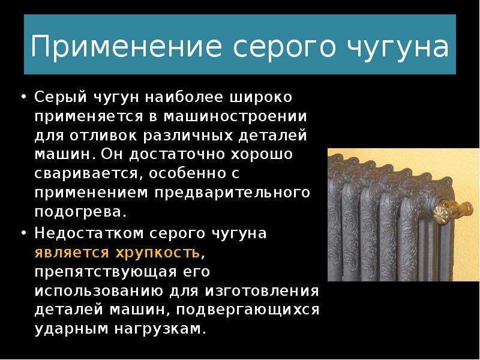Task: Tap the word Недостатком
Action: click(88, 233)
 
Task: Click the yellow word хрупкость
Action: click(158, 253)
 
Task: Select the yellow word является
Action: click(71, 253)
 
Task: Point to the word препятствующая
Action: click(106, 272)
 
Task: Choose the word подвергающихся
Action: click(247, 310)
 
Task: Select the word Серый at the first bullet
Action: click(61, 98)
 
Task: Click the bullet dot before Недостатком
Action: click(24, 233)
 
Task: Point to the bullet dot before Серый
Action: click(24, 97)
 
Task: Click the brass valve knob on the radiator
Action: click(442, 213)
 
